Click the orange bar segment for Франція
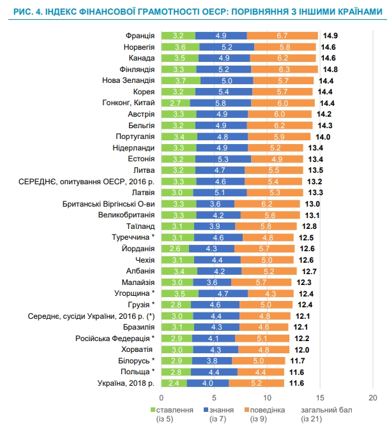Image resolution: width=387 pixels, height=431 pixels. tap(282, 35)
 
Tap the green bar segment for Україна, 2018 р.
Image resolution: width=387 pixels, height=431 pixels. tap(174, 383)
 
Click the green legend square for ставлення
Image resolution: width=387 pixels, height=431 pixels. tap(153, 409)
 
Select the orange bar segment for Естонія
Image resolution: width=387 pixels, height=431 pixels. tap(277, 159)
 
